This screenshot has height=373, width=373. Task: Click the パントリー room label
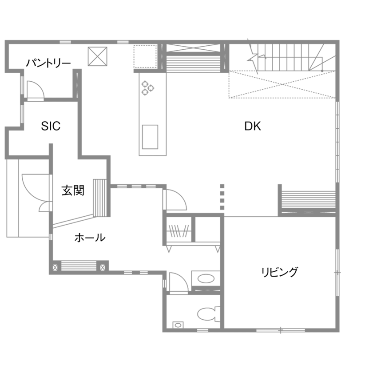(x=48, y=63)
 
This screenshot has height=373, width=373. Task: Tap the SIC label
(x=51, y=127)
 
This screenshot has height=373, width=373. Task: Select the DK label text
(x=253, y=127)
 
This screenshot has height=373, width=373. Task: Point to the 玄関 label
(x=73, y=191)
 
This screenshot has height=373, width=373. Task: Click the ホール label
(x=90, y=238)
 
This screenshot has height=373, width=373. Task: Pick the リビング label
(x=280, y=272)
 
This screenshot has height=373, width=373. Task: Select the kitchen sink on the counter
(x=150, y=137)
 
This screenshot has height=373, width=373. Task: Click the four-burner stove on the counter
(x=147, y=87)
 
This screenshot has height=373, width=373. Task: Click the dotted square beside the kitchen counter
(x=145, y=56)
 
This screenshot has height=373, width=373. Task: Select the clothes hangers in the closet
(x=180, y=231)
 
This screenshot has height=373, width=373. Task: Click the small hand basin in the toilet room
(x=178, y=325)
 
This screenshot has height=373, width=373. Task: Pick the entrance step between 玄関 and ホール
(x=100, y=198)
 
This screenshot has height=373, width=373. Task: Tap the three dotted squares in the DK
(x=222, y=196)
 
